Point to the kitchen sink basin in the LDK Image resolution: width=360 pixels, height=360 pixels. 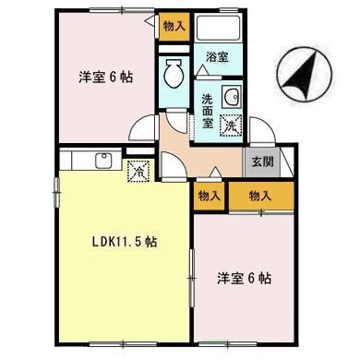point(102,162)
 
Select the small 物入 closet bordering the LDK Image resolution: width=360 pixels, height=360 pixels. point(210,195)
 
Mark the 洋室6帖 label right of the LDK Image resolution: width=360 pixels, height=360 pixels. point(244,277)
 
